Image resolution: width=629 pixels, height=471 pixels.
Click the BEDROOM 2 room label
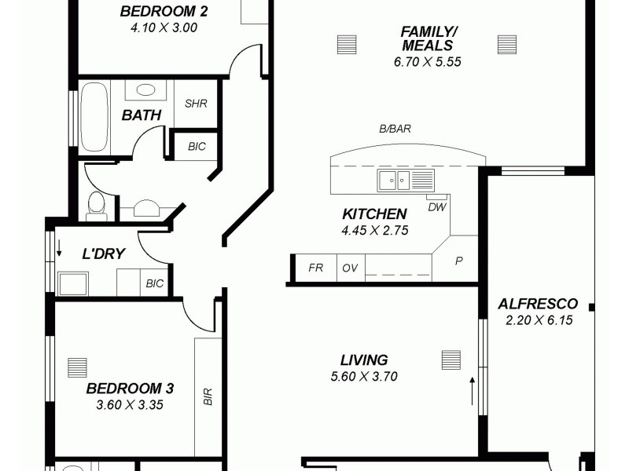click(x=164, y=11)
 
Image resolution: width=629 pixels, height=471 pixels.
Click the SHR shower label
click(x=196, y=104)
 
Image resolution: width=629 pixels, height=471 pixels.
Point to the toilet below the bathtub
click(x=96, y=204)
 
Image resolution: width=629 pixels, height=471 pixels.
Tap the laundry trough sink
click(x=73, y=283)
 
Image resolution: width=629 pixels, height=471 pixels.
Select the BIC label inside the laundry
click(x=155, y=284)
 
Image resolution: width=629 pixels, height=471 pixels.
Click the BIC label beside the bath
click(x=197, y=146)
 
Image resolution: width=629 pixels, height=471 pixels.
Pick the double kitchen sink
click(x=393, y=181)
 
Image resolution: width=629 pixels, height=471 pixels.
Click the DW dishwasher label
click(x=436, y=207)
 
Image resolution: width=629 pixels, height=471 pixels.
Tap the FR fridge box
click(x=315, y=268)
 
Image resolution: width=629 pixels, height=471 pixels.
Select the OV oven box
click(x=350, y=268)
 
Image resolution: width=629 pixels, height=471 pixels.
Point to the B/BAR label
click(x=395, y=130)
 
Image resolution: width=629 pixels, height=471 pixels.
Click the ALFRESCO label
click(x=539, y=304)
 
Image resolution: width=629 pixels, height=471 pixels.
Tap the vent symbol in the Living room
click(x=451, y=360)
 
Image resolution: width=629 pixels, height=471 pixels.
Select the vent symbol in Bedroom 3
click(x=77, y=367)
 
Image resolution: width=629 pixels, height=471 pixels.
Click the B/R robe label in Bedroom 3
click(x=208, y=396)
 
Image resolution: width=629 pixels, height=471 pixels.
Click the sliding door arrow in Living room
click(x=472, y=390)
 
